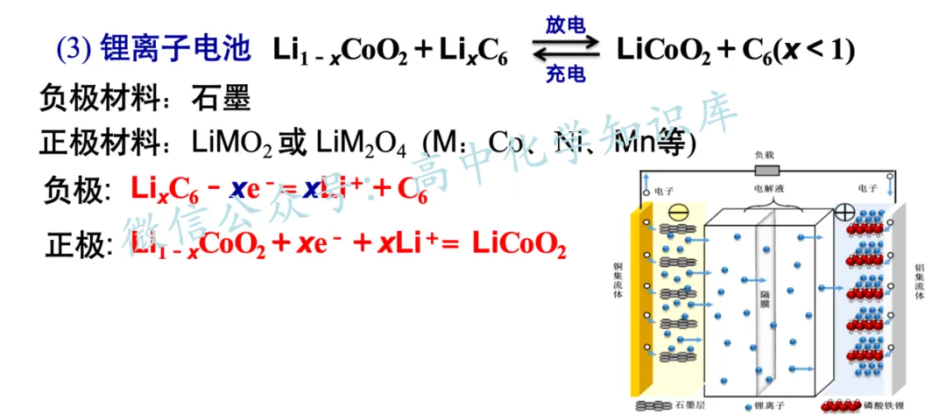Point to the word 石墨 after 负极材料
coord(221,99)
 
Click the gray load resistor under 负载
coord(766,171)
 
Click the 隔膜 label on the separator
coord(765,302)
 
